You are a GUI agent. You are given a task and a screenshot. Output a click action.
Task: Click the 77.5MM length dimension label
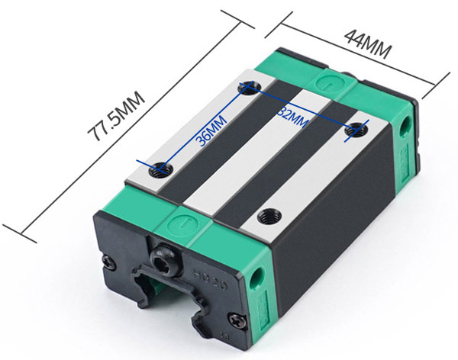[x=116, y=116]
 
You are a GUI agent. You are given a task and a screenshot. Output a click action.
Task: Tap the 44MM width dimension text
[x=367, y=44]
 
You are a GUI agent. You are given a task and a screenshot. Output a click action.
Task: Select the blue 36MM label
[x=211, y=130]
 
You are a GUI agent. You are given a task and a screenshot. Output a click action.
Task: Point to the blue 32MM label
[x=292, y=117]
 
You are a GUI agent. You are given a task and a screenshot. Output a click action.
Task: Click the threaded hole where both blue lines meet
[x=249, y=87]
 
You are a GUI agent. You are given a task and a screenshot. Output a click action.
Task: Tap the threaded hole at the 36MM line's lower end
[x=161, y=169]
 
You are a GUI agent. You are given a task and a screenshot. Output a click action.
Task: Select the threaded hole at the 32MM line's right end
[x=356, y=130]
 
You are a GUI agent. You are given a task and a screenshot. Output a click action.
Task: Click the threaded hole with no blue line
[x=269, y=217]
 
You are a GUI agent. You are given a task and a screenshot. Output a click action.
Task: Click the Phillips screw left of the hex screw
[x=109, y=262]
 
